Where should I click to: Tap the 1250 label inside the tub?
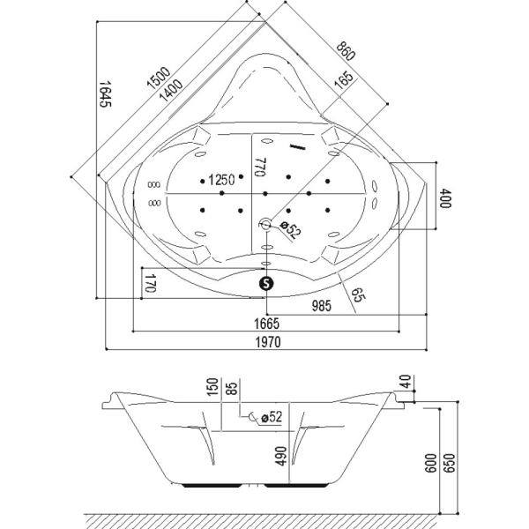coord(220,180)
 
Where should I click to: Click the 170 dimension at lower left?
coord(150,284)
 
